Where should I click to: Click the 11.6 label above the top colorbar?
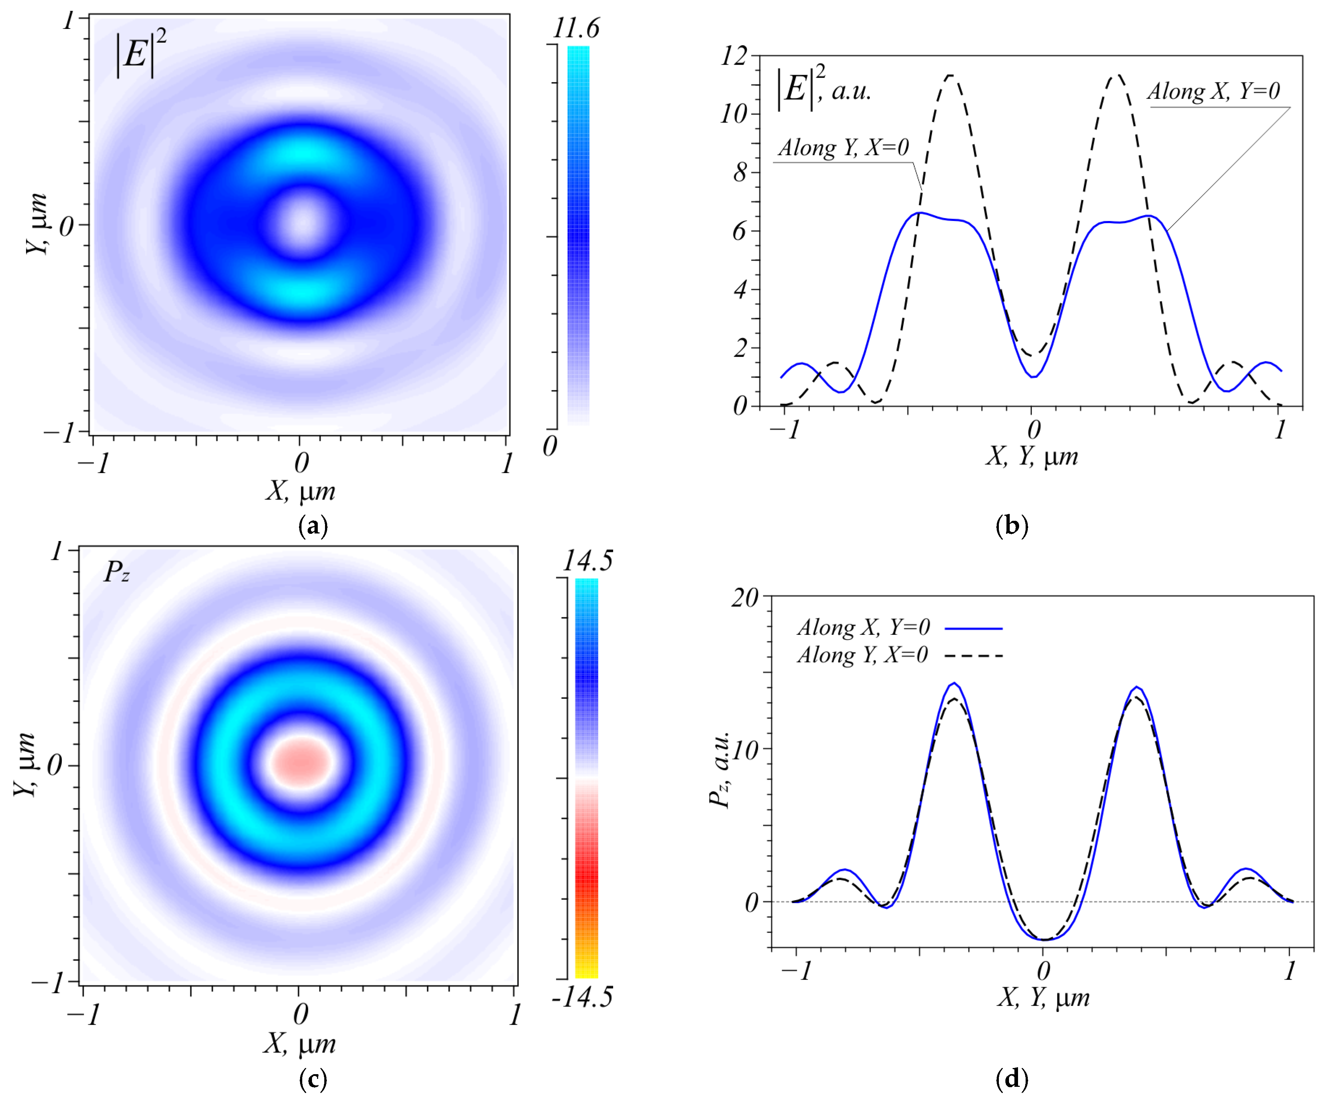tap(576, 29)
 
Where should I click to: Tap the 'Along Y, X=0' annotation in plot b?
tap(843, 148)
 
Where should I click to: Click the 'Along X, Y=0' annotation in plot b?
tap(1213, 92)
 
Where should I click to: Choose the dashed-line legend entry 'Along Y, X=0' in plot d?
tap(863, 655)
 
